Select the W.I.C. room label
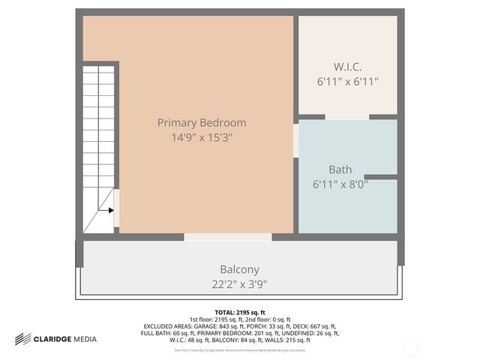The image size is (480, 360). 348,66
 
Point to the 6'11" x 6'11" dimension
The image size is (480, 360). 348,81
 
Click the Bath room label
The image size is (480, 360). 340,169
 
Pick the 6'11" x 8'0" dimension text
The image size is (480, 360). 340,184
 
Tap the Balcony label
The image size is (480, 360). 239,269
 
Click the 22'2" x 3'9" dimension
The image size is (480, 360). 239,283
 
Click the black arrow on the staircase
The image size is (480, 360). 110,211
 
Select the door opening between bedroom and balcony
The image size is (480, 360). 228,237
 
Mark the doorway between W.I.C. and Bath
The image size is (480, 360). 346,117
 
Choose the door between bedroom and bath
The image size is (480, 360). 295,140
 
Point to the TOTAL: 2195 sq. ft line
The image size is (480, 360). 240,312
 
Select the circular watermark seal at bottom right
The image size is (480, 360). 411,346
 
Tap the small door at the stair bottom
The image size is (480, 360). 116,211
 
